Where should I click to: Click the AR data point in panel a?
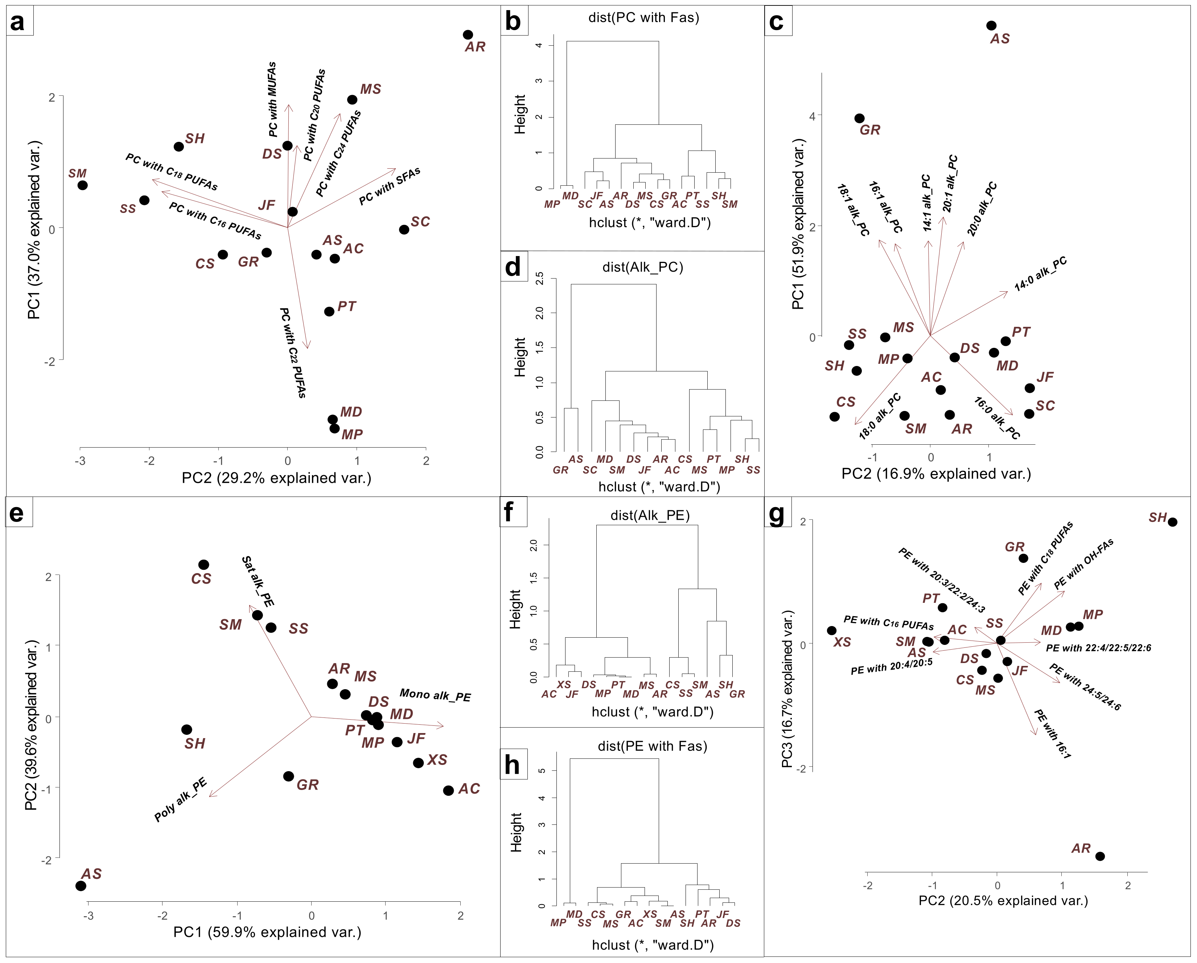tap(468, 35)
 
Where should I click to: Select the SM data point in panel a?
tap(82, 185)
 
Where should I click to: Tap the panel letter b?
tap(513, 22)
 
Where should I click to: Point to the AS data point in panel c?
tap(991, 25)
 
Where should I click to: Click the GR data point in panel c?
tap(859, 118)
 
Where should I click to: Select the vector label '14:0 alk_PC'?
tap(1040, 273)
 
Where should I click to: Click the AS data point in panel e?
tap(81, 886)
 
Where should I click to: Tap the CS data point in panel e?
tap(204, 564)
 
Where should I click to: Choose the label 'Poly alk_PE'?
tap(180, 799)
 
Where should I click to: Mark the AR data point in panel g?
tap(1100, 856)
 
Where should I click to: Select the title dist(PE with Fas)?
tap(652, 746)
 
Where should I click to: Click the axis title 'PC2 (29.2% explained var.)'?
tap(276, 478)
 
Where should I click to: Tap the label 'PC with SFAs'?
tap(389, 186)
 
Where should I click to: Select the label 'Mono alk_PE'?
tap(435, 695)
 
